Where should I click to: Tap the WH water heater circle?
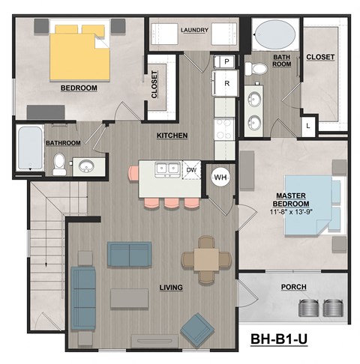220,178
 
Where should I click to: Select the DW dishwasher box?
192,169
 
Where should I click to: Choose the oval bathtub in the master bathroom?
273,36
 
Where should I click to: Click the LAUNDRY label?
194,30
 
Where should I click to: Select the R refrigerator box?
226,84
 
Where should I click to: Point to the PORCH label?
292,287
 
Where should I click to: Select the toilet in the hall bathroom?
59,163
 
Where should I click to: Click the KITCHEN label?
172,136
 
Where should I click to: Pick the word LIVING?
173,287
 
